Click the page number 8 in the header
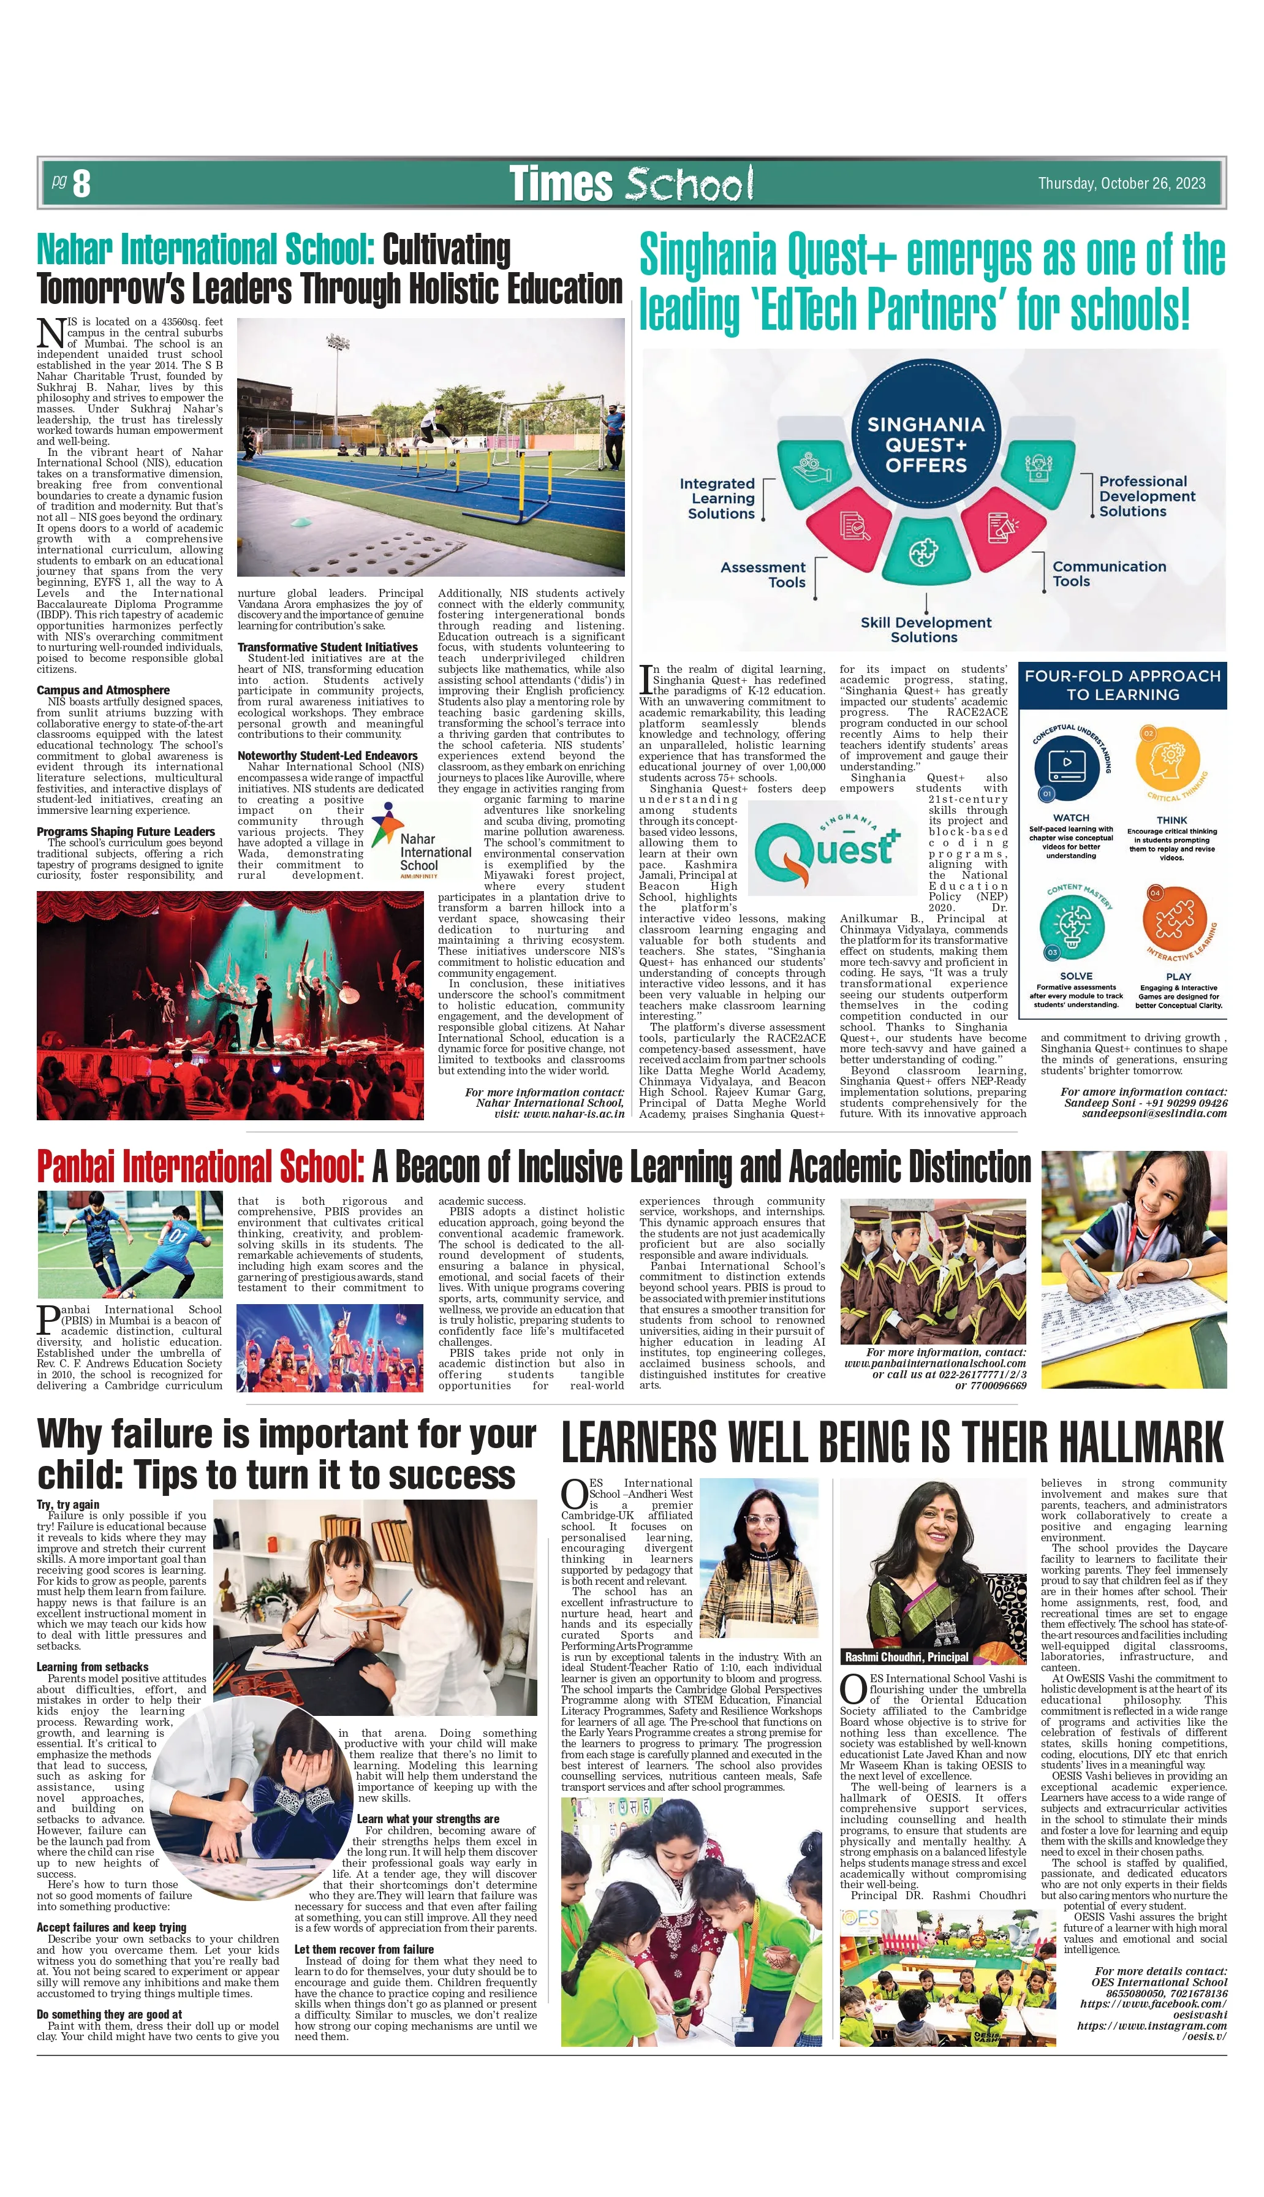click(x=81, y=183)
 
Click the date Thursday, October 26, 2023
click(x=1122, y=183)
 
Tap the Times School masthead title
click(x=630, y=183)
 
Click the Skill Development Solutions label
click(x=925, y=629)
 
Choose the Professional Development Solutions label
click(x=1146, y=496)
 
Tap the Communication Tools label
click(x=1108, y=573)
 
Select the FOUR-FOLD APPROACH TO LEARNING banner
click(x=1122, y=685)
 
